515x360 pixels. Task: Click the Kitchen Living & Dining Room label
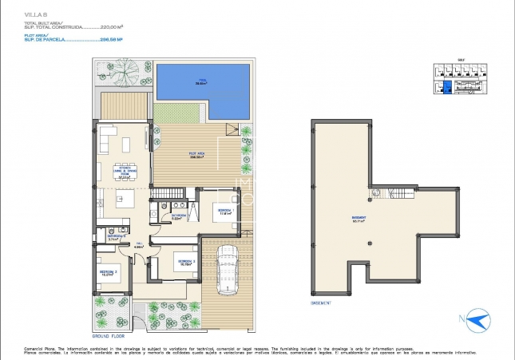(x=124, y=176)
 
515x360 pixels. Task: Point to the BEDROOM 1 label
(x=224, y=212)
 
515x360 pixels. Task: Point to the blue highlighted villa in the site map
(x=446, y=86)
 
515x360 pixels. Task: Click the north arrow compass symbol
(x=478, y=320)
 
